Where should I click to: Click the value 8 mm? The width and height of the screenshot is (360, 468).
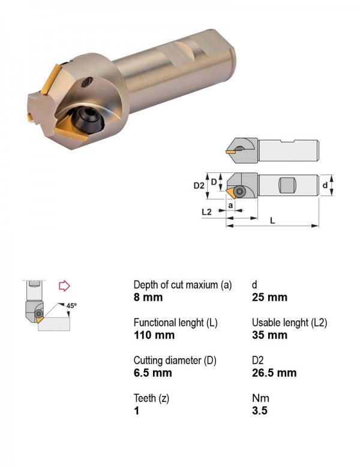148,297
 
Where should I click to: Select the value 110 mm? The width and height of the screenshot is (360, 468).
154,335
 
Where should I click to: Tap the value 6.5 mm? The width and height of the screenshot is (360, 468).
152,373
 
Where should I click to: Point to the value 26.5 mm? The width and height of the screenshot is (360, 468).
274,373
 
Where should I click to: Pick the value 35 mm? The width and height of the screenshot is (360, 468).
269,335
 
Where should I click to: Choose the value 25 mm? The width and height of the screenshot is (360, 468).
269,297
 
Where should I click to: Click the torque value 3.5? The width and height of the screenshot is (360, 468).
259,410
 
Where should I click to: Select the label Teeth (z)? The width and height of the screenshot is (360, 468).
151,398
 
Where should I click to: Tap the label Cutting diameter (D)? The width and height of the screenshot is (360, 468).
175,361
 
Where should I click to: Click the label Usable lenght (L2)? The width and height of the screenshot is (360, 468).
290,323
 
